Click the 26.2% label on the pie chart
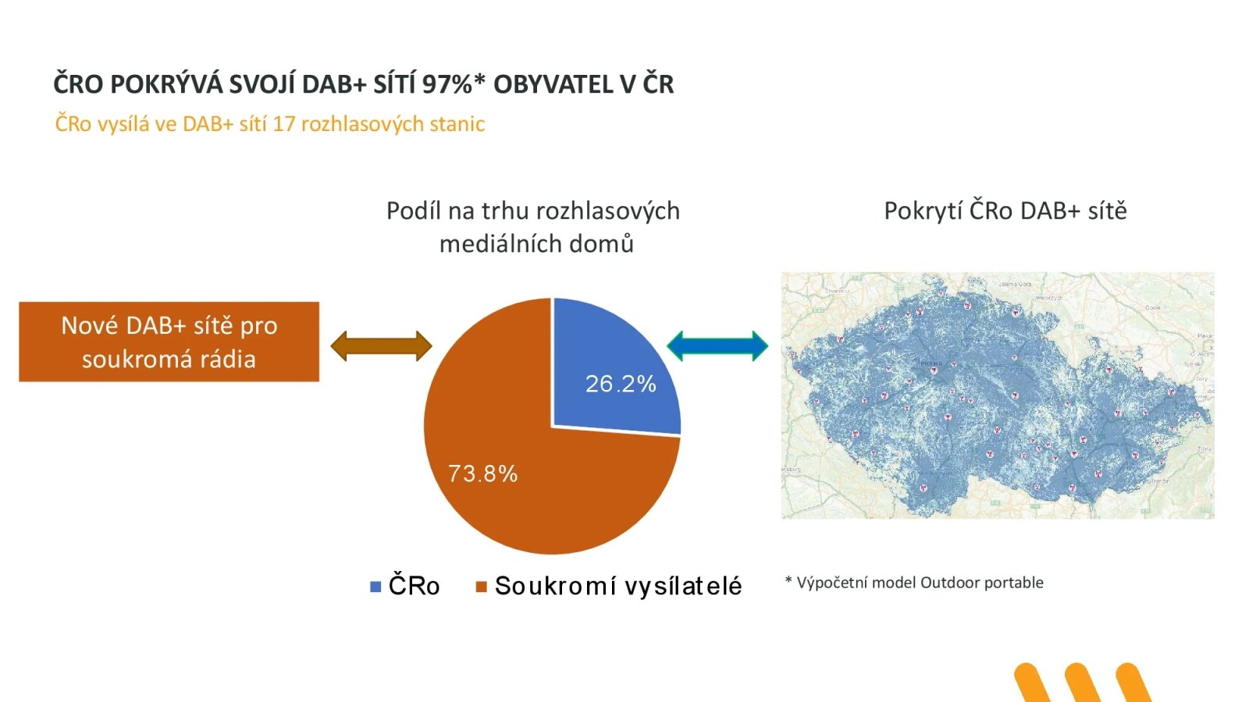(x=621, y=384)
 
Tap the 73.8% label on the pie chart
(x=482, y=473)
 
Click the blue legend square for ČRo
(x=375, y=587)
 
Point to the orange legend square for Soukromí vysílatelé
(x=482, y=587)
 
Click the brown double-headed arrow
(x=381, y=346)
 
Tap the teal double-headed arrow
(x=717, y=346)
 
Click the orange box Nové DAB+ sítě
(x=169, y=342)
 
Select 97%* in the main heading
(x=454, y=84)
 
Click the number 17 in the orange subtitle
(x=283, y=124)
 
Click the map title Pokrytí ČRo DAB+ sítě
(x=1005, y=211)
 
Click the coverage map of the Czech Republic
(x=998, y=395)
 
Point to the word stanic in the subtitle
(x=461, y=124)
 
